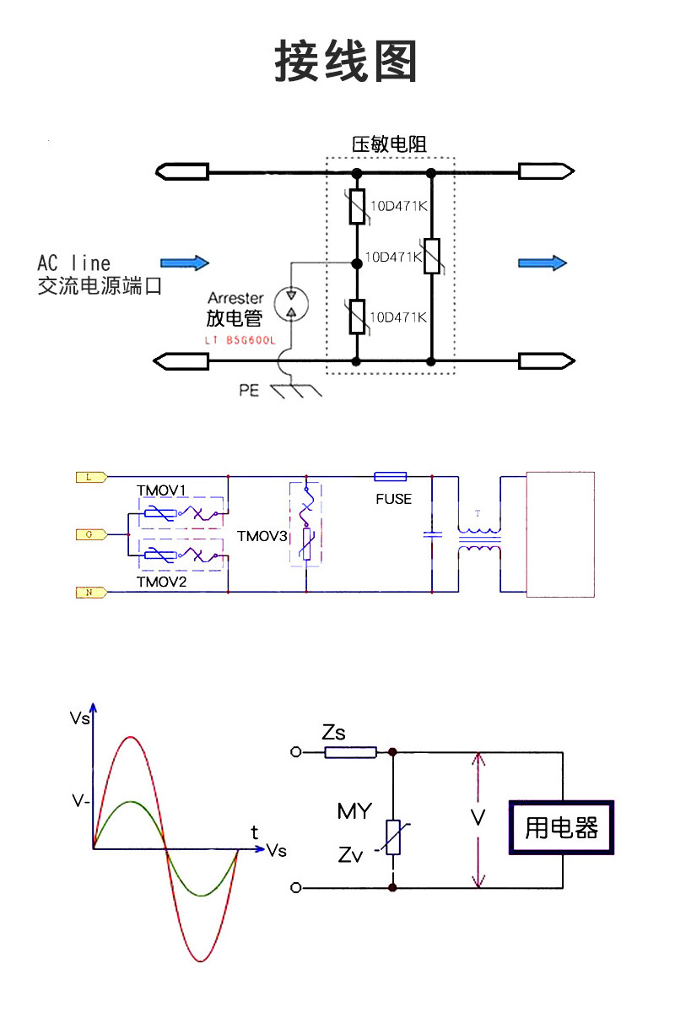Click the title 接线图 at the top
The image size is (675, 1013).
click(346, 61)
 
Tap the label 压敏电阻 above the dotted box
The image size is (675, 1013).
click(389, 144)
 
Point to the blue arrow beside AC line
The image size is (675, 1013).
click(185, 263)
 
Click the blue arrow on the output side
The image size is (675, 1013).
click(542, 263)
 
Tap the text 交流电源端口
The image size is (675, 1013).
click(100, 286)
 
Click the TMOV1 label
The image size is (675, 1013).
click(161, 490)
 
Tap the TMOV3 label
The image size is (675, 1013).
click(262, 536)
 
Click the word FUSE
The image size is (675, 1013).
click(394, 499)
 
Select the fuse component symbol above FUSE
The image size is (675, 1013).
click(391, 477)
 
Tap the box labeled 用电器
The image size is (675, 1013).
click(561, 827)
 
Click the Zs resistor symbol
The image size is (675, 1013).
click(350, 751)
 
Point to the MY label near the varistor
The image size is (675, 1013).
click(354, 811)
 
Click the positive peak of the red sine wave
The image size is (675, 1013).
click(130, 738)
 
